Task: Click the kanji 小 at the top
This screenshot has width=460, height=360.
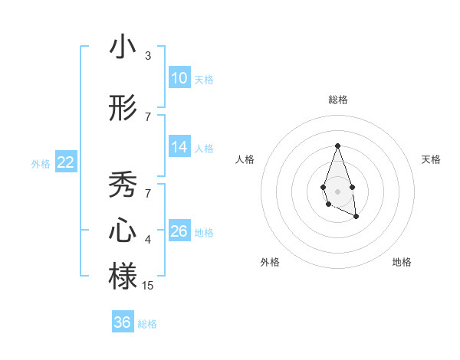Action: [123, 47]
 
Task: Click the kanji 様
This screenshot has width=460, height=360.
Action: [123, 276]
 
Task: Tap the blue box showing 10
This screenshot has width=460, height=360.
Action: [179, 78]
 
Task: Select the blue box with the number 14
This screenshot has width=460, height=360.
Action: [179, 147]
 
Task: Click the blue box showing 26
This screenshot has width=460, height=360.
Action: [179, 231]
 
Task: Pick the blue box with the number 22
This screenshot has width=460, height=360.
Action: [65, 162]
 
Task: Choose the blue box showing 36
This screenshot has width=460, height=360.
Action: [123, 322]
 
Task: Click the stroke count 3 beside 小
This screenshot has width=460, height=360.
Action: [148, 56]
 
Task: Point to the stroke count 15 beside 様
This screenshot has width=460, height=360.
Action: [148, 285]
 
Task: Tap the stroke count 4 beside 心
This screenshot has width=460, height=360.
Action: [148, 240]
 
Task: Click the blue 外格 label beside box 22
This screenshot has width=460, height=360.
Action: [41, 163]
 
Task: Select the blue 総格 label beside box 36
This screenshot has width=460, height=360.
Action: [147, 324]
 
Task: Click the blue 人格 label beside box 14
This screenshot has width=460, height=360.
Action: [203, 148]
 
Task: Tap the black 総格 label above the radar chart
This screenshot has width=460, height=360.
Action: [337, 100]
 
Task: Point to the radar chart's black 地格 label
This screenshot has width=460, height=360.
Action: [402, 262]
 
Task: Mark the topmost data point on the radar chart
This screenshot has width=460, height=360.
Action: [337, 146]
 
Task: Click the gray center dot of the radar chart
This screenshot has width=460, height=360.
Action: [337, 190]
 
